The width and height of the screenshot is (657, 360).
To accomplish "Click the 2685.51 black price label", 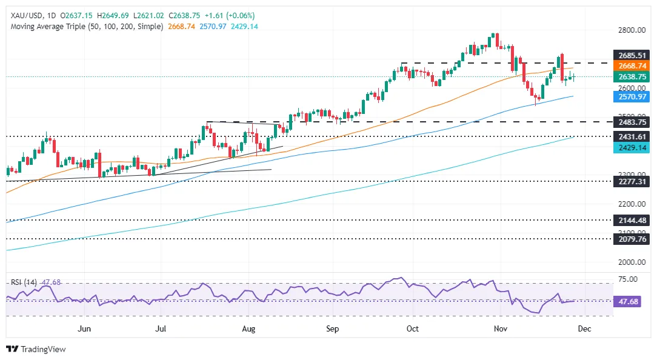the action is [x=632, y=55].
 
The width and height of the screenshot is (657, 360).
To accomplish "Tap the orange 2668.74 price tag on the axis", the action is [x=632, y=66].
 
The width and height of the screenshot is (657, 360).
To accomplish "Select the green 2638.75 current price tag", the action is [x=632, y=77].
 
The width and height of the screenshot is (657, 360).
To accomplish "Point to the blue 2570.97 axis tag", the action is [x=632, y=97].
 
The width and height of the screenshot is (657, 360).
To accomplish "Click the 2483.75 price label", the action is [x=632, y=122].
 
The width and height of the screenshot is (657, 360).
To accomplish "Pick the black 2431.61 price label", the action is [x=632, y=136].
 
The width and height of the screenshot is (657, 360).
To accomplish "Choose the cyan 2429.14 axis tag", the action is [x=632, y=147].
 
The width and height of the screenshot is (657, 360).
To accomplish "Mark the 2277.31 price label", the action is [x=632, y=181].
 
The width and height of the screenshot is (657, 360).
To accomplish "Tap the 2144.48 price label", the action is [x=632, y=220].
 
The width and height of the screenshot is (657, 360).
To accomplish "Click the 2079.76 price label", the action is [x=632, y=239].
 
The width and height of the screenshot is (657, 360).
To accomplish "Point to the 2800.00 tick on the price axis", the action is [x=632, y=30].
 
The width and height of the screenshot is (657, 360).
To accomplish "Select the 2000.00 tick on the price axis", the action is [x=632, y=262].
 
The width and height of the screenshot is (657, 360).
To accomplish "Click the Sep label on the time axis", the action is [x=332, y=329].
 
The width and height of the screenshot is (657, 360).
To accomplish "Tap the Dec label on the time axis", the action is [x=584, y=329].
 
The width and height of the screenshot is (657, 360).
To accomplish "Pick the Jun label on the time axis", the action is [x=84, y=329].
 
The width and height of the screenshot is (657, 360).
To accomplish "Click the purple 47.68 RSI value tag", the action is [x=627, y=302].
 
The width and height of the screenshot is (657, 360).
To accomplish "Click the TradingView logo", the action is [x=36, y=349].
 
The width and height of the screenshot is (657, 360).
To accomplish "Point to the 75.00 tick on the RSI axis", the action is [x=628, y=279].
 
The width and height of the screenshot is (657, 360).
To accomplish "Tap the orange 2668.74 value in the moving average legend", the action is [x=181, y=27].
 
